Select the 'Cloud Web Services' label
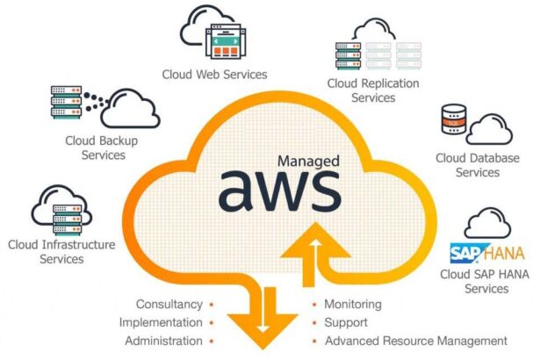[214, 74]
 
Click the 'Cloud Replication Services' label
[373, 90]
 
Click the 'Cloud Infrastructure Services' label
[61, 251]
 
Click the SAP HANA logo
[486, 254]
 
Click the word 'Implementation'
[161, 322]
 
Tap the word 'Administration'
[163, 341]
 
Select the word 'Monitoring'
[353, 305]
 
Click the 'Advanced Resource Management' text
[415, 341]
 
